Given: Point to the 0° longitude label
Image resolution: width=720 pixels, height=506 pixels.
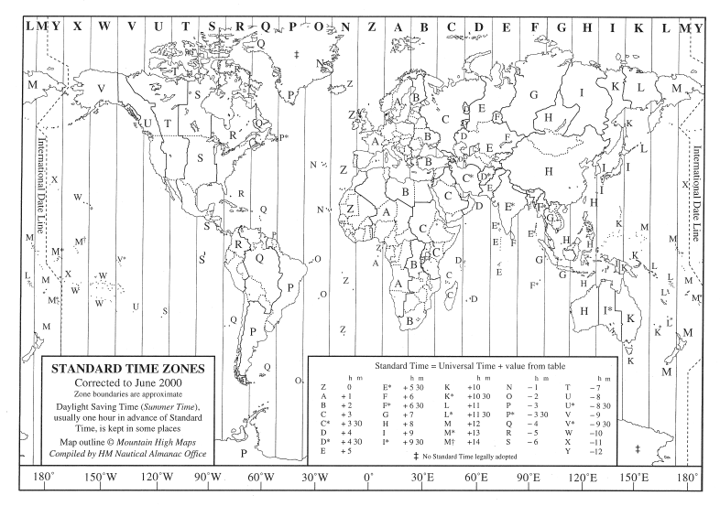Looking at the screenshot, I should (x=368, y=478).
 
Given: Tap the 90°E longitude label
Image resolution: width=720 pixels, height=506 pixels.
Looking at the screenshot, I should (x=529, y=478).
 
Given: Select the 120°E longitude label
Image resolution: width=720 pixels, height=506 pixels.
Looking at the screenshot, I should (x=583, y=478).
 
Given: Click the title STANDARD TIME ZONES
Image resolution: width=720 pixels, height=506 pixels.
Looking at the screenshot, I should (x=127, y=371).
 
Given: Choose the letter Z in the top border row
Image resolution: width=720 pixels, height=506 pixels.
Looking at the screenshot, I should (x=371, y=27).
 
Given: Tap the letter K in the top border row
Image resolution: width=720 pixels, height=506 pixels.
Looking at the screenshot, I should (x=638, y=27).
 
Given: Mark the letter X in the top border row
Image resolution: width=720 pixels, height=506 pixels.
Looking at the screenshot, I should (x=78, y=27).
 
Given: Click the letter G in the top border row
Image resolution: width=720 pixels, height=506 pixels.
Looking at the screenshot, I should (x=561, y=27).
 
